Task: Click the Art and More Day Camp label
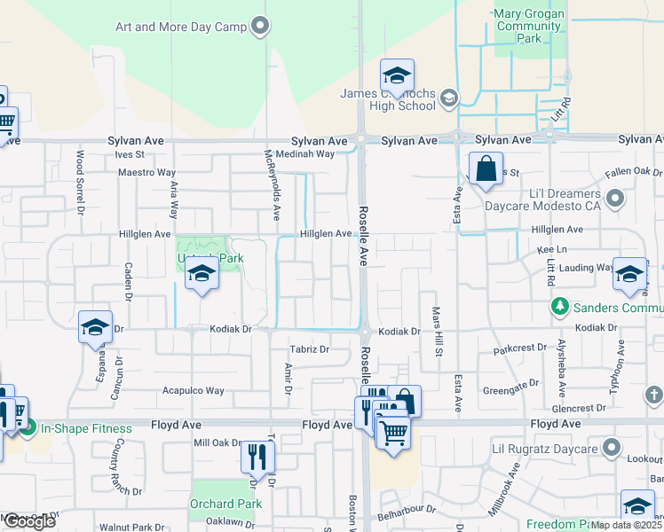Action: pyautogui.click(x=180, y=27)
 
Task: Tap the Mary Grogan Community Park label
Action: pyautogui.click(x=529, y=27)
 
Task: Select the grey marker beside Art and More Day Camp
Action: pyautogui.click(x=260, y=26)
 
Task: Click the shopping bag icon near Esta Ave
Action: pyautogui.click(x=486, y=168)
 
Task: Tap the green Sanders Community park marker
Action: pyautogui.click(x=559, y=307)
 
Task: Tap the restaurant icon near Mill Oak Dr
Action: pyautogui.click(x=257, y=457)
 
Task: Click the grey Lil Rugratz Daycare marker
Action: pyautogui.click(x=610, y=447)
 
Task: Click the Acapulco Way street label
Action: pyautogui.click(x=193, y=390)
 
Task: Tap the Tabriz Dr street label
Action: pyautogui.click(x=311, y=349)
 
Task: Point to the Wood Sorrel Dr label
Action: pyautogui.click(x=80, y=183)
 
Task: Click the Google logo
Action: pyautogui.click(x=29, y=521)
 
